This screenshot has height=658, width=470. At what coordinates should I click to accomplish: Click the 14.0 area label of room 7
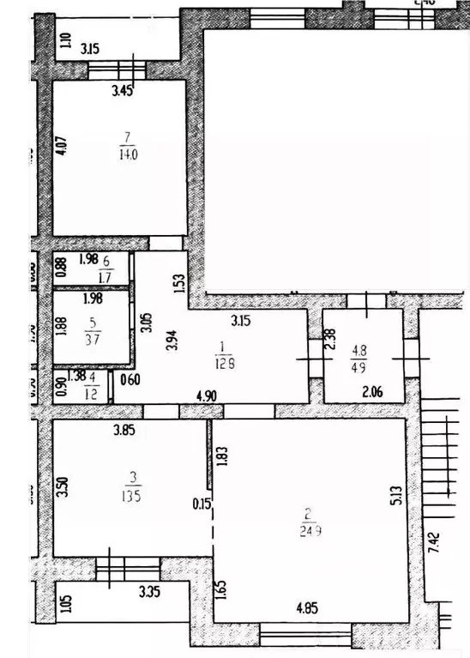pyautogui.click(x=130, y=155)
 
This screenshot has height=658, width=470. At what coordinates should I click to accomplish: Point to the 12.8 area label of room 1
pyautogui.click(x=224, y=363)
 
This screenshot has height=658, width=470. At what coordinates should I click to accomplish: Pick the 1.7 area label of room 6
pyautogui.click(x=106, y=276)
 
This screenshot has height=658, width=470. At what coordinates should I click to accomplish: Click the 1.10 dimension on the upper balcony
pyautogui.click(x=66, y=40)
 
